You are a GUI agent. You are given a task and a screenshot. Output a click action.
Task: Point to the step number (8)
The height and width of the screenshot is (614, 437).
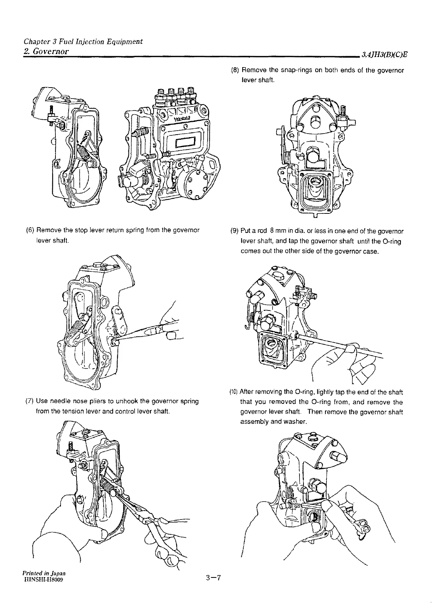click(x=236, y=70)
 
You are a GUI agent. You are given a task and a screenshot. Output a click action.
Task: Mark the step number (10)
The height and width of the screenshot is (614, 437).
click(x=235, y=392)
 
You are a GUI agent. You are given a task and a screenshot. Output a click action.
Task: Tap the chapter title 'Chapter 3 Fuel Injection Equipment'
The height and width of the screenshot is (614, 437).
click(x=82, y=41)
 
